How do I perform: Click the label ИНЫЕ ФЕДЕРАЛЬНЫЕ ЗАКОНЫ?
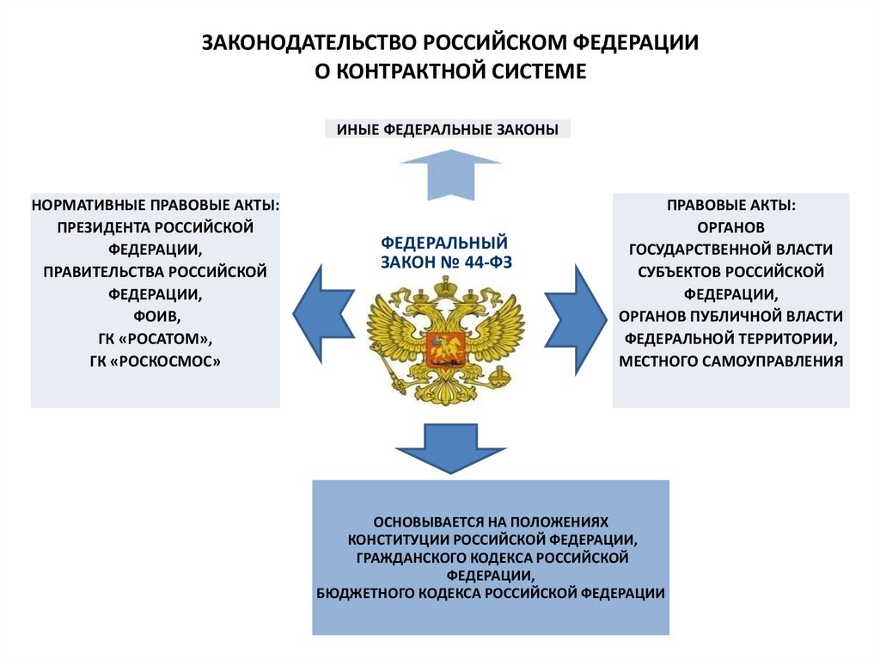pos(448,130)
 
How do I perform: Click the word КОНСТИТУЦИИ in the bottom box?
pos(399,540)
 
